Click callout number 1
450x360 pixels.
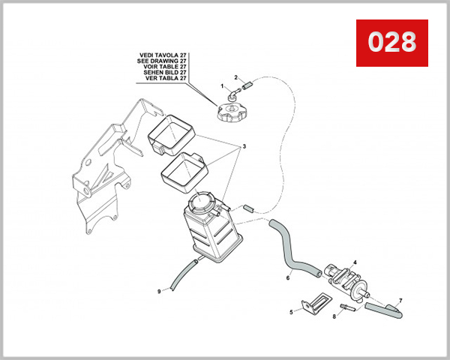[222, 87]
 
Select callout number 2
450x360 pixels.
[235, 77]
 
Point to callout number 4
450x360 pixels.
[355, 262]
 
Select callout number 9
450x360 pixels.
[159, 291]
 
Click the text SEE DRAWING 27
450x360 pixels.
[163, 61]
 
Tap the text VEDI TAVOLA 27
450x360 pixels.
[163, 55]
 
